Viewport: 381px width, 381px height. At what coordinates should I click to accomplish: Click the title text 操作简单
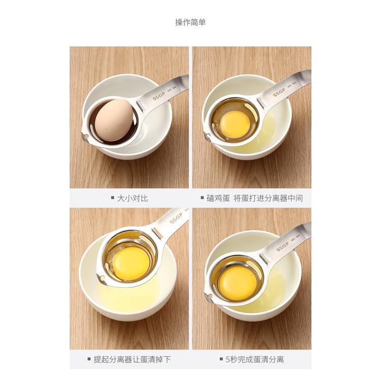tap(190, 22)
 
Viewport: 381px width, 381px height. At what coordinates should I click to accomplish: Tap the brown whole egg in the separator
tap(114, 120)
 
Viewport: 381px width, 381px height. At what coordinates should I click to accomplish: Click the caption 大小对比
tap(133, 198)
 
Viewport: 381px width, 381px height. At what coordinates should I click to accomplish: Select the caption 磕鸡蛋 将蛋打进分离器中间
tap(255, 198)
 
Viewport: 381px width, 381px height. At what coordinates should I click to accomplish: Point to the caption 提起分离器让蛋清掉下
tap(132, 359)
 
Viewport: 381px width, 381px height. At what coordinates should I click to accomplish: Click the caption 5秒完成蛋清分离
tap(255, 359)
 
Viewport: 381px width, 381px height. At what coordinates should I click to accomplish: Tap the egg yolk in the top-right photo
tap(235, 121)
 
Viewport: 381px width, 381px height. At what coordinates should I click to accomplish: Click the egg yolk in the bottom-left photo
tap(131, 263)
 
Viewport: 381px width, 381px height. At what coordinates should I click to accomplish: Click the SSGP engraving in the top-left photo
tap(158, 96)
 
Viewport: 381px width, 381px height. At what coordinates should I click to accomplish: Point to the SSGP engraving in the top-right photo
tap(279, 92)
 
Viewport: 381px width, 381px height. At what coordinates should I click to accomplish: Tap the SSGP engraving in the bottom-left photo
tap(175, 218)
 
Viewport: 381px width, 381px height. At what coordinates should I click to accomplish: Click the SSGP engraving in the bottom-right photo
tap(282, 246)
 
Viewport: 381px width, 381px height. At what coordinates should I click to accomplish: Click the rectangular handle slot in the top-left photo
tap(140, 106)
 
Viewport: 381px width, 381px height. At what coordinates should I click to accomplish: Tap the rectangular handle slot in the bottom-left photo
tap(157, 233)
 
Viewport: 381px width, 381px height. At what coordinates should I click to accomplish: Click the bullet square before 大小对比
tap(112, 198)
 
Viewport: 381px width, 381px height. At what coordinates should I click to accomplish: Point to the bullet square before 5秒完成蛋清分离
tap(221, 359)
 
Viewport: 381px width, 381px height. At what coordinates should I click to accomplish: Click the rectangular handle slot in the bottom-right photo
tap(263, 258)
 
